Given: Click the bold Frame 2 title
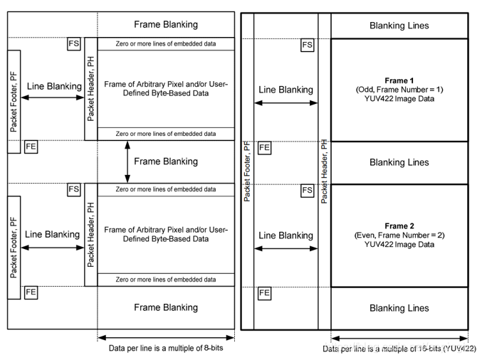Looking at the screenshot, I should pyautogui.click(x=399, y=226).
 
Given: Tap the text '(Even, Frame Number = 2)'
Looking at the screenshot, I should pyautogui.click(x=399, y=235).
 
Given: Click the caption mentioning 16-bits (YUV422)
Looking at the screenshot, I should pyautogui.click(x=399, y=349).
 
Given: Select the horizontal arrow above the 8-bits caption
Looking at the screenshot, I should pyautogui.click(x=166, y=338).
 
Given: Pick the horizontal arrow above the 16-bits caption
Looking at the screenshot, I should pyautogui.click(x=399, y=339).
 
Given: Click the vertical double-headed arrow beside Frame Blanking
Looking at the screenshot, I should pyautogui.click(x=127, y=162).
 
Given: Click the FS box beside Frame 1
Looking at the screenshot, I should pyautogui.click(x=307, y=46).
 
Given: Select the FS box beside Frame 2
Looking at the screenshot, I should pyautogui.click(x=307, y=191).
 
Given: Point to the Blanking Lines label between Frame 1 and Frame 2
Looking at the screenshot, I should pyautogui.click(x=399, y=162).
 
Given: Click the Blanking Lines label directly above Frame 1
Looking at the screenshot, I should pyautogui.click(x=399, y=26).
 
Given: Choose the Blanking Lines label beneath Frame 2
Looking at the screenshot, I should pyautogui.click(x=399, y=308).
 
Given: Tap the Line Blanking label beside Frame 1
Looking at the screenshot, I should pyautogui.click(x=285, y=90).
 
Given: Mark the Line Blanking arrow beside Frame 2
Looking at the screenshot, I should pyautogui.click(x=285, y=248).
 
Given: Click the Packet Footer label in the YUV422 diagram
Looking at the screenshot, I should pyautogui.click(x=247, y=171).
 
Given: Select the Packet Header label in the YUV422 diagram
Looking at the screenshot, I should pyautogui.click(x=324, y=171).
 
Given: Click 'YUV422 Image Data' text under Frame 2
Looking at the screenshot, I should pyautogui.click(x=399, y=245).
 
